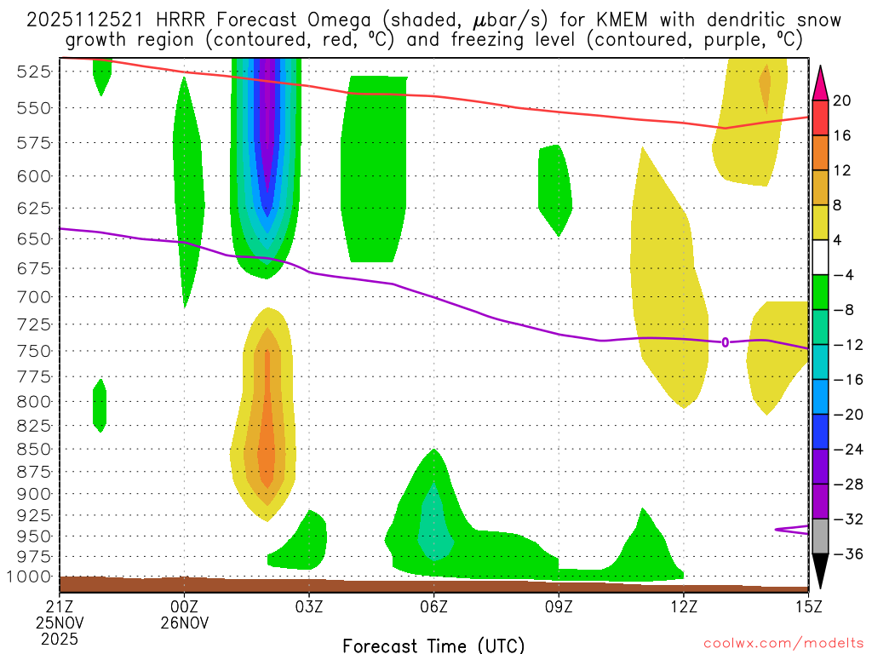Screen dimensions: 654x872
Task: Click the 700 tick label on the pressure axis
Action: tap(33, 297)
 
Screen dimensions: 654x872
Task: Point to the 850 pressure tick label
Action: tap(33, 449)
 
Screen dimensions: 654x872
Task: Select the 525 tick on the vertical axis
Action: tap(33, 72)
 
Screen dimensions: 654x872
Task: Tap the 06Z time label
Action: tap(433, 606)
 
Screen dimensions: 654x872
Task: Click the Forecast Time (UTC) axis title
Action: tap(433, 645)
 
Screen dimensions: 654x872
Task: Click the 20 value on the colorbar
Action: tap(842, 100)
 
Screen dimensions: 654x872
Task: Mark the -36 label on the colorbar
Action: tap(842, 554)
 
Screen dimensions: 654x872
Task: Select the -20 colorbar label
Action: tap(842, 415)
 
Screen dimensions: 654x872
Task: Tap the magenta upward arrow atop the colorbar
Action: tap(821, 81)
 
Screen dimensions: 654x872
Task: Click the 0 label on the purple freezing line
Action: tap(725, 342)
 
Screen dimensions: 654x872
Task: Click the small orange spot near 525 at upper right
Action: tap(765, 85)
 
